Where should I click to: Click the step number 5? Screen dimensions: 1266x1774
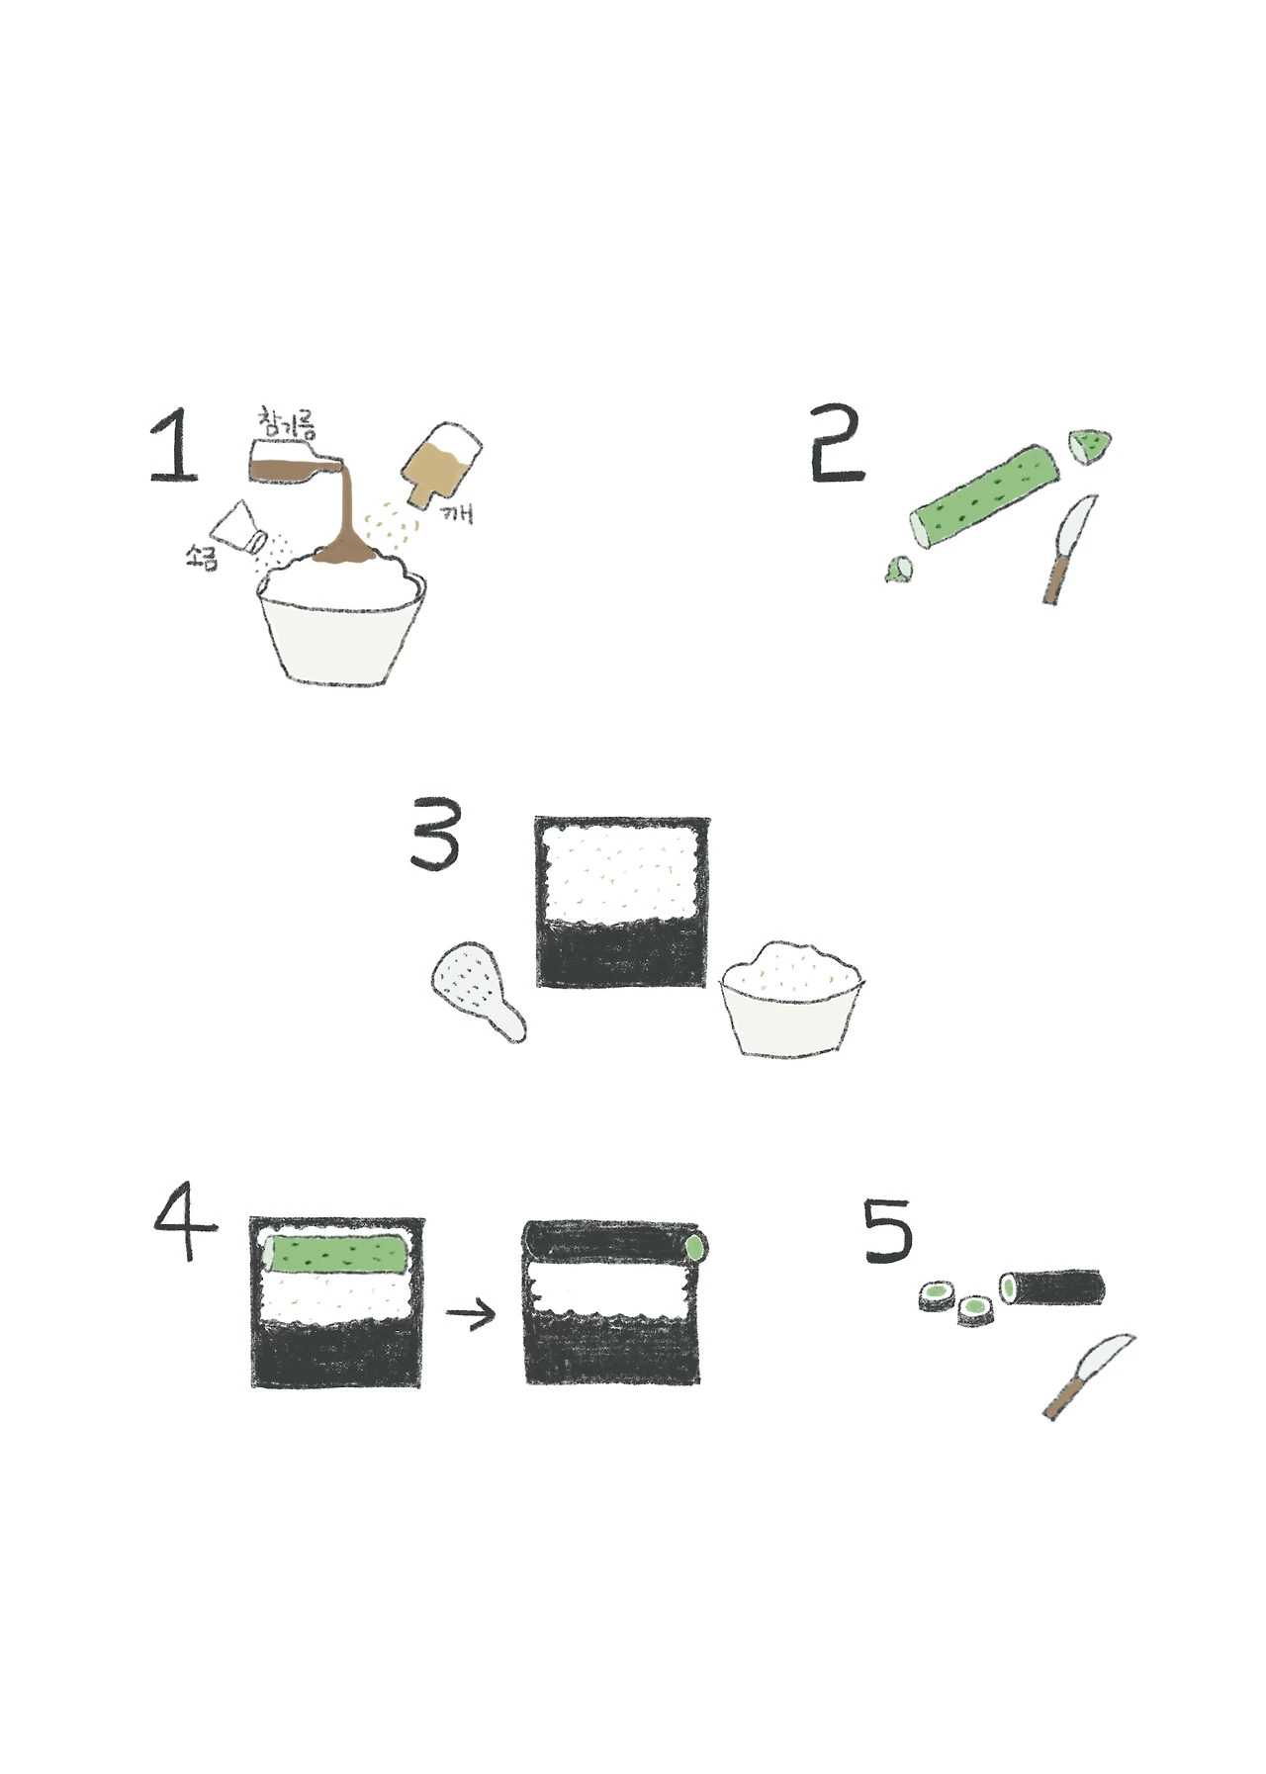pyautogui.click(x=888, y=1229)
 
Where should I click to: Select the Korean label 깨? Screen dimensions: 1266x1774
pyautogui.click(x=456, y=512)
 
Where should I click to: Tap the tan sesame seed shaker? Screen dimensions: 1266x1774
pyautogui.click(x=440, y=464)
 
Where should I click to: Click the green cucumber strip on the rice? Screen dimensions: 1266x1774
pyautogui.click(x=337, y=1253)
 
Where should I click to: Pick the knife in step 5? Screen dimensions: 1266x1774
pyautogui.click(x=1088, y=1376)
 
